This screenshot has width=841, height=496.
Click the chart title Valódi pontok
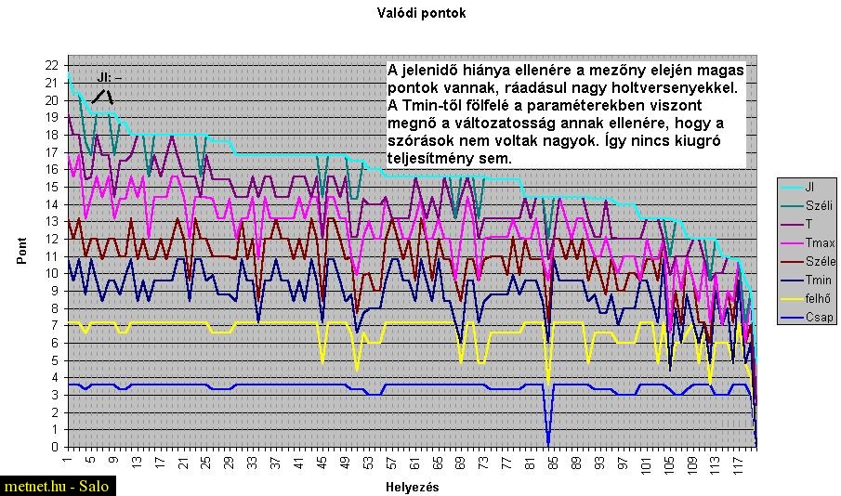click(421, 13)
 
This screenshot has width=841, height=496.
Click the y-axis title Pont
click(22, 251)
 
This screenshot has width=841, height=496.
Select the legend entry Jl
click(810, 186)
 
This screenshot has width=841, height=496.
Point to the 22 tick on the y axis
click(51, 65)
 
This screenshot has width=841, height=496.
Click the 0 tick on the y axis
click(55, 447)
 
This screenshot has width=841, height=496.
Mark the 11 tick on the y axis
click(51, 256)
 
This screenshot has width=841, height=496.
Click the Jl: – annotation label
click(109, 77)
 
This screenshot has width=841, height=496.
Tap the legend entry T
click(809, 224)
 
